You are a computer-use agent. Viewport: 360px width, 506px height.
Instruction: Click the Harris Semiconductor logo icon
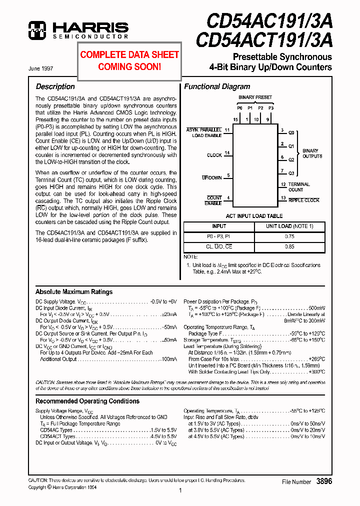coord(38,30)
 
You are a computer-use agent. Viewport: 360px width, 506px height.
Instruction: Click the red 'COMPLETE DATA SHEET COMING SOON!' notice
coord(129,60)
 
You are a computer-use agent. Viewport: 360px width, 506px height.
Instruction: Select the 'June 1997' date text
coord(41,68)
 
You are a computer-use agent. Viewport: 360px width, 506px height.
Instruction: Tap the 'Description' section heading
coord(55,86)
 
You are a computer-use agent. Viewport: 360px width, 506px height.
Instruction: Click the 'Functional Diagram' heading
coord(217,86)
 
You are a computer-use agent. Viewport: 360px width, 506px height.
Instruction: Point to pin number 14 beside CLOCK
coord(227,153)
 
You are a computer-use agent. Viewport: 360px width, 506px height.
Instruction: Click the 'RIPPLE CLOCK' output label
coord(304,200)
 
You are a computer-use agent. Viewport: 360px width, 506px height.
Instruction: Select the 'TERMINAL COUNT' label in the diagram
coord(299,187)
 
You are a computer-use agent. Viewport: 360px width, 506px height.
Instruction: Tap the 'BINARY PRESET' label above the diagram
coord(255,97)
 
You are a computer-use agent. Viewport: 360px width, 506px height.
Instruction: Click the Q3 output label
coord(291,173)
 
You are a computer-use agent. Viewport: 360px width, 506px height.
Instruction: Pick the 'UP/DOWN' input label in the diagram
coord(211,177)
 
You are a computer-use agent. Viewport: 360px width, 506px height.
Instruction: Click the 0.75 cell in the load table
coord(289,236)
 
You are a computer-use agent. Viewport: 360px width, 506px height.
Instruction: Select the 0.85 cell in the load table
coord(289,246)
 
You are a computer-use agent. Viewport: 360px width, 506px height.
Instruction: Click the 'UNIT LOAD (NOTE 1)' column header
coord(289,226)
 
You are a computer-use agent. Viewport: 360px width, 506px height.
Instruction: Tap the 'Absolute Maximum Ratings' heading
coord(74,292)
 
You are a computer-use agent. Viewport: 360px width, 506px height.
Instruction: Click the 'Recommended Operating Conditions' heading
coord(87,401)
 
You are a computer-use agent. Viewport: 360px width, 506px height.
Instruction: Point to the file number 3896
coord(323,481)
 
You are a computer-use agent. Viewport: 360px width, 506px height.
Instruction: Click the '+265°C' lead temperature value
coord(316,359)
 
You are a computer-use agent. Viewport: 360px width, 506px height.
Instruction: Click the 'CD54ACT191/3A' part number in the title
coord(263,39)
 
